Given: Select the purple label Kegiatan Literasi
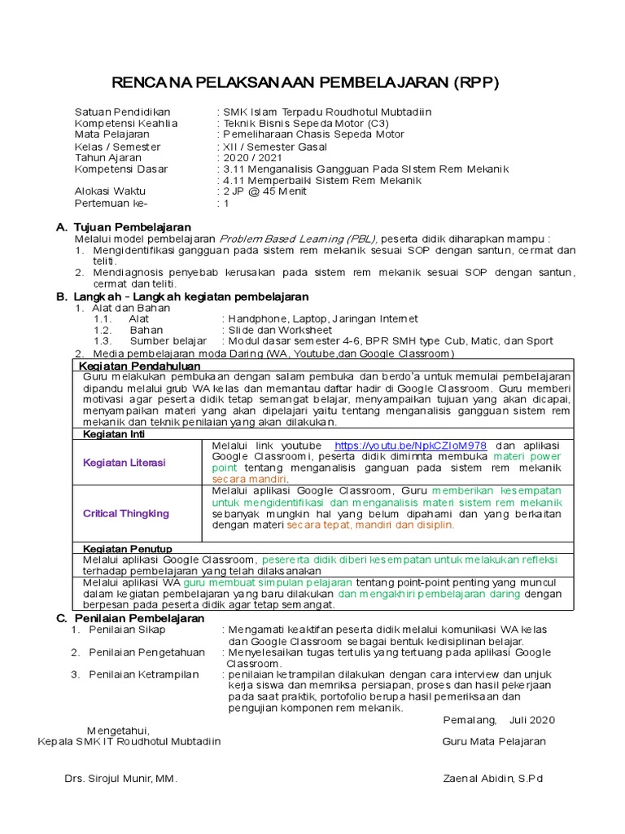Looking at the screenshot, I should [x=124, y=463].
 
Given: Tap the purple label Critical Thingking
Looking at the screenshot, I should [x=126, y=514].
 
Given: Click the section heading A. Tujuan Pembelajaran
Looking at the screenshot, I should [x=124, y=226].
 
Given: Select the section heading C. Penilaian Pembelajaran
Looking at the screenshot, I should [x=130, y=619].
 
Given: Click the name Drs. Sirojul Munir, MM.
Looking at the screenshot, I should [x=121, y=779].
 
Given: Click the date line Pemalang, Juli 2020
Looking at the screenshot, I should [x=499, y=720].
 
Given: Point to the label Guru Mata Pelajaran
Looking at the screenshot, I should [x=494, y=742].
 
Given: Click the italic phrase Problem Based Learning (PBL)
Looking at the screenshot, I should [x=298, y=239].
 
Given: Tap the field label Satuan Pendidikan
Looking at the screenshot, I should [x=122, y=112].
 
